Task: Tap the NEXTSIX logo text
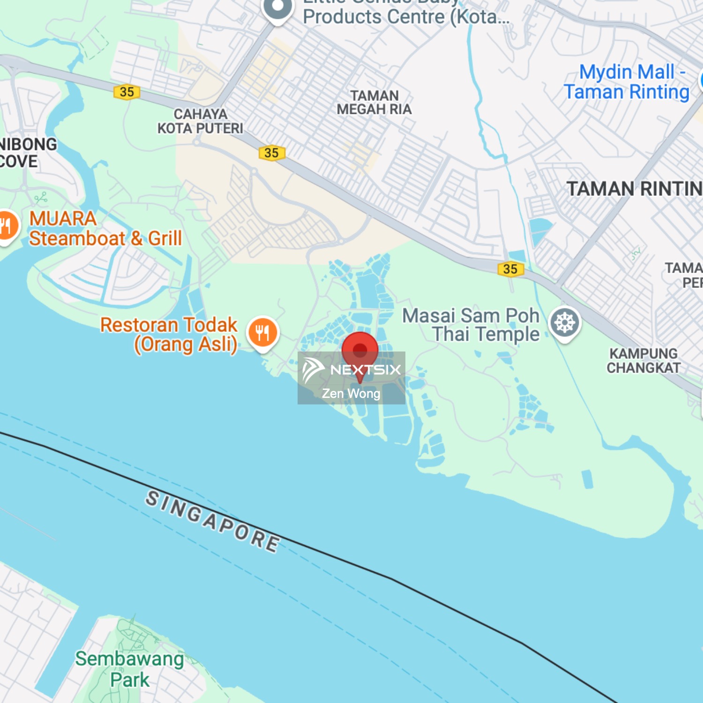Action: [x=365, y=370]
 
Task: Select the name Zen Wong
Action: [x=351, y=394]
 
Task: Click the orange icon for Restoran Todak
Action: [x=263, y=332]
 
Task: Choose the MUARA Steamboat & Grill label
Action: [x=105, y=229]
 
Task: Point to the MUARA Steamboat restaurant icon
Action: [x=7, y=226]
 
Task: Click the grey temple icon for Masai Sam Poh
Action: [x=565, y=323]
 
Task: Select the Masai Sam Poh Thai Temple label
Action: [x=471, y=325]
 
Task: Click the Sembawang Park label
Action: [x=130, y=669]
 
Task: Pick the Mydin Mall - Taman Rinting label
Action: [x=627, y=82]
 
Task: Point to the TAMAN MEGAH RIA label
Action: [x=374, y=103]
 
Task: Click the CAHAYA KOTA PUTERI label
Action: [x=200, y=121]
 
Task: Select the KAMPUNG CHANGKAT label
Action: [x=643, y=360]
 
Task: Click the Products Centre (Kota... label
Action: [x=406, y=17]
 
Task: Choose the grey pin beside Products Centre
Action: [x=278, y=8]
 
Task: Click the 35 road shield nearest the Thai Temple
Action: [x=510, y=269]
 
